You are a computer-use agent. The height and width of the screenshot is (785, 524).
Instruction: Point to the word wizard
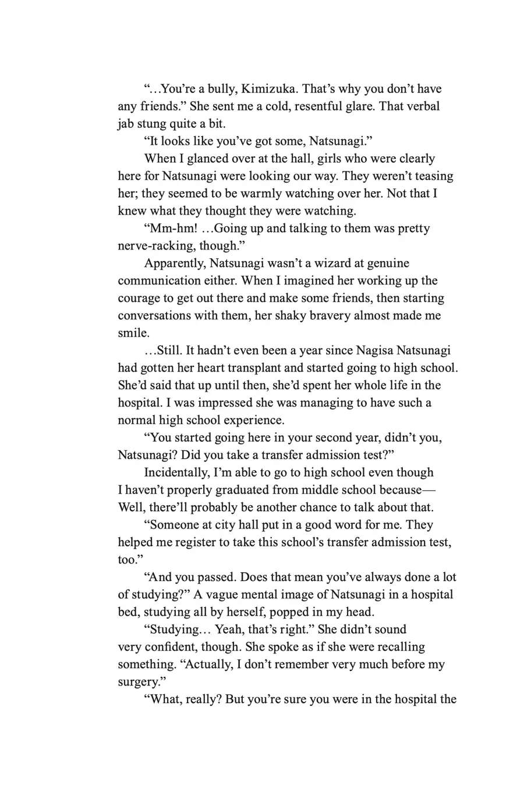click(x=320, y=263)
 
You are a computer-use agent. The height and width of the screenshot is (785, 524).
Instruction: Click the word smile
click(x=133, y=333)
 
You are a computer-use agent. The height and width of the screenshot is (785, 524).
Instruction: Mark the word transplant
click(x=254, y=368)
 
